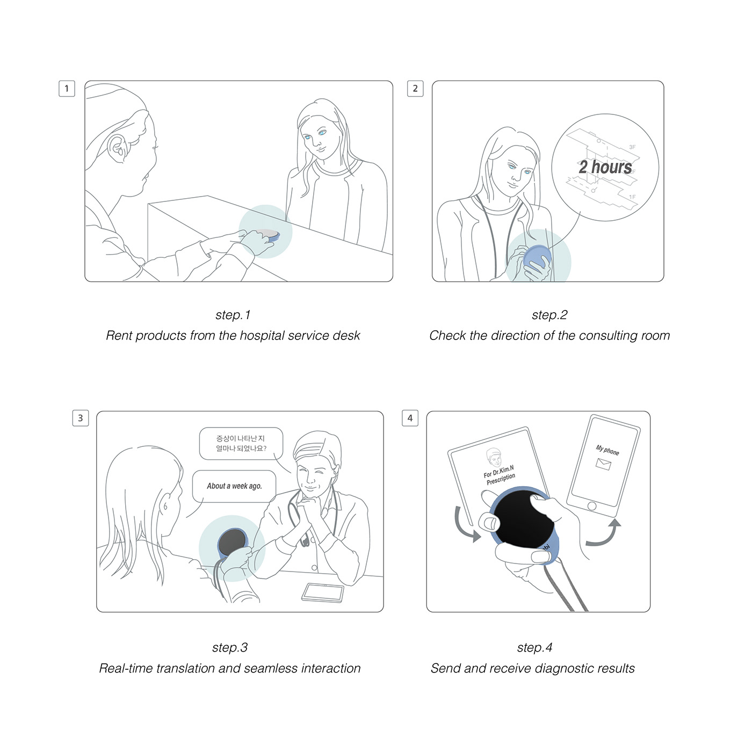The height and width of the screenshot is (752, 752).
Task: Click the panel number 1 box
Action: click(67, 89)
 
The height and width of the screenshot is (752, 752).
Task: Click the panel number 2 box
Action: click(415, 89)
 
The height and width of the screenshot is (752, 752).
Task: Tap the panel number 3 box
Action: click(81, 418)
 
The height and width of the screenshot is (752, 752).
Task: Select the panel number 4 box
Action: click(410, 418)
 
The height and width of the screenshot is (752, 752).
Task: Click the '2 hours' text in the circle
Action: click(605, 167)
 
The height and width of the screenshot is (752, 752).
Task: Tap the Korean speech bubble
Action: click(241, 444)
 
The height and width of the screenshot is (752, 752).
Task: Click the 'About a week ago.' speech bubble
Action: click(234, 486)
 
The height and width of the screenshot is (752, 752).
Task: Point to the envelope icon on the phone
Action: click(603, 464)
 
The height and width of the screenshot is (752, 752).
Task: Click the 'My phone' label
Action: click(607, 450)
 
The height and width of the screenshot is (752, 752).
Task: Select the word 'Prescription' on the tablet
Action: click(501, 479)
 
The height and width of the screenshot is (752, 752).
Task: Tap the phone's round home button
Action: click(591, 506)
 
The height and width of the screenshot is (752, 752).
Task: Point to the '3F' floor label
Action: click(632, 147)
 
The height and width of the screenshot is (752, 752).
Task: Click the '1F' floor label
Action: click(632, 197)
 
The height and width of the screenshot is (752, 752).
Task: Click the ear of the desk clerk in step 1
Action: click(117, 148)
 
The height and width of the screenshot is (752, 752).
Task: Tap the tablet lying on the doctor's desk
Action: click(323, 592)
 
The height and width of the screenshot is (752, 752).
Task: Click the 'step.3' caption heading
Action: click(230, 647)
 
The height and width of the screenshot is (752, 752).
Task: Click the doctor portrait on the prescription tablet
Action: click(494, 457)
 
